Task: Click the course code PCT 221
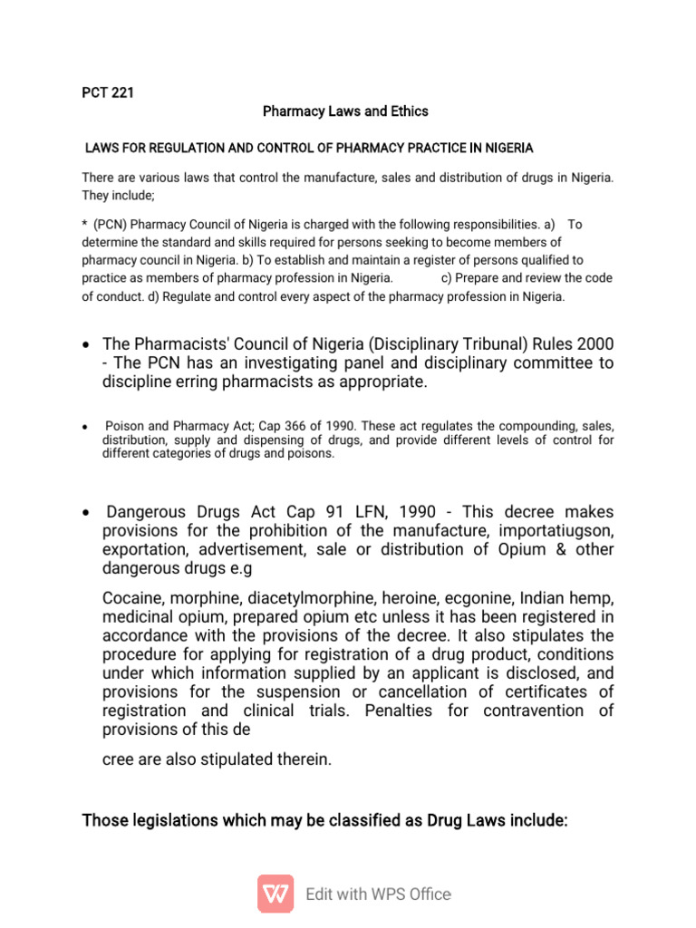click(x=108, y=92)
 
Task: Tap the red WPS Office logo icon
click(x=275, y=894)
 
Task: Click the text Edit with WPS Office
click(x=378, y=894)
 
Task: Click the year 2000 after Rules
click(x=594, y=344)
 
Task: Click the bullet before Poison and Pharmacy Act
click(x=84, y=427)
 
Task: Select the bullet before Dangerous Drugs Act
click(x=85, y=513)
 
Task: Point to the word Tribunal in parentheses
click(x=511, y=344)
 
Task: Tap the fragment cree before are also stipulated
click(x=120, y=759)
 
